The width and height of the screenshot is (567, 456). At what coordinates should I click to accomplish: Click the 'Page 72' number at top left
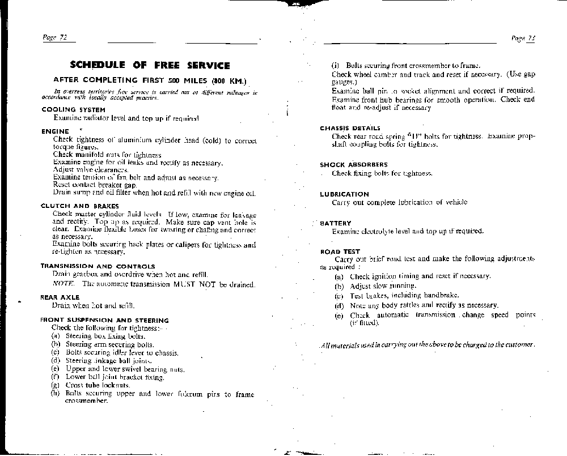pyautogui.click(x=56, y=38)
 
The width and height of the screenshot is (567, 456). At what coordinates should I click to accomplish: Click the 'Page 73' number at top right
pyautogui.click(x=523, y=39)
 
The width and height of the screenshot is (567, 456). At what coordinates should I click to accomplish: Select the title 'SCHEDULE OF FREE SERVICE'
pyautogui.click(x=150, y=65)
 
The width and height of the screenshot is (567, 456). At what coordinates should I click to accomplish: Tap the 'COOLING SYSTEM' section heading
pyautogui.click(x=73, y=110)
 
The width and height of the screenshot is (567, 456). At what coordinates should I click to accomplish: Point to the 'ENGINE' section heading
pyautogui.click(x=55, y=131)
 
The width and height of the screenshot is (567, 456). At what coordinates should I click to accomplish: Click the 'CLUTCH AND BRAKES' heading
pyautogui.click(x=79, y=206)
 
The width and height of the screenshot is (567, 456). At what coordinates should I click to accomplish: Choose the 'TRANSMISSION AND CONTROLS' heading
pyautogui.click(x=98, y=266)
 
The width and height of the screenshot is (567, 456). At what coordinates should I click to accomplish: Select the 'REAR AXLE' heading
pyautogui.click(x=60, y=297)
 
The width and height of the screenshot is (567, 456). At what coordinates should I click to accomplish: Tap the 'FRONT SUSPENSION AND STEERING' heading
pyautogui.click(x=104, y=320)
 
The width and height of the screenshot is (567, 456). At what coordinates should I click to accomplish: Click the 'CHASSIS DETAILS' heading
pyautogui.click(x=350, y=129)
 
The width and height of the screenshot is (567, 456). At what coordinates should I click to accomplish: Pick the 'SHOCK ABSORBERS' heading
pyautogui.click(x=353, y=165)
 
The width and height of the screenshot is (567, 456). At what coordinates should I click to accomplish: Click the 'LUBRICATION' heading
pyautogui.click(x=344, y=194)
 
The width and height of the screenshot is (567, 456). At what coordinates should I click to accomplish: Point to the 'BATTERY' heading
pyautogui.click(x=336, y=223)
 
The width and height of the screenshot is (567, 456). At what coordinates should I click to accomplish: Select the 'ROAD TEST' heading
pyautogui.click(x=340, y=252)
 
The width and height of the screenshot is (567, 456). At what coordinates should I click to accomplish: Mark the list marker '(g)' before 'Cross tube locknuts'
pyautogui.click(x=55, y=385)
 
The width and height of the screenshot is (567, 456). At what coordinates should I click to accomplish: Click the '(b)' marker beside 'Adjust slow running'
pyautogui.click(x=339, y=286)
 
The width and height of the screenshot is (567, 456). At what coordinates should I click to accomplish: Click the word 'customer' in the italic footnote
pyautogui.click(x=518, y=344)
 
